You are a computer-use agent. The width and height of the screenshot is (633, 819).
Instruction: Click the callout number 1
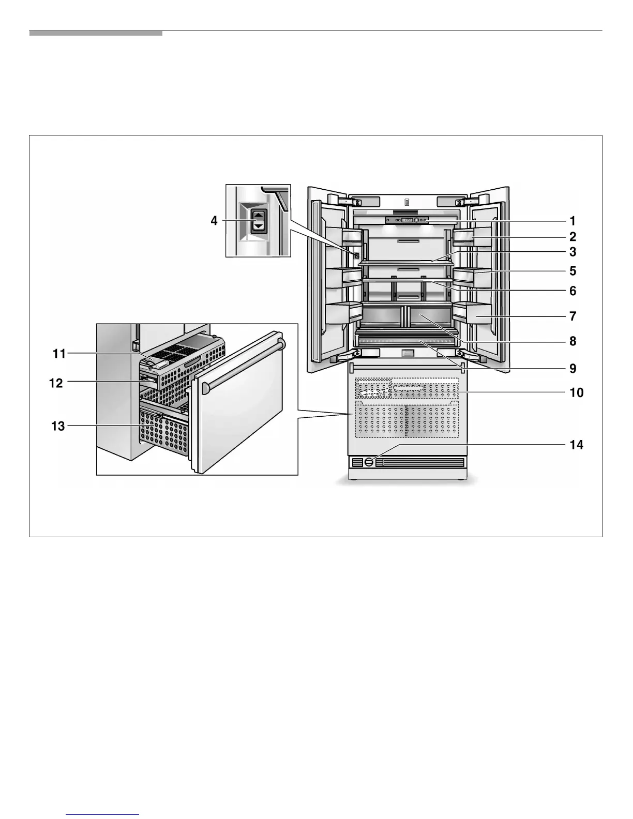572,221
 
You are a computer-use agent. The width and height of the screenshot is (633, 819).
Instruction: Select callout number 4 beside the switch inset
214,221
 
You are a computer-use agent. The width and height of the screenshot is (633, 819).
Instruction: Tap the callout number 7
572,316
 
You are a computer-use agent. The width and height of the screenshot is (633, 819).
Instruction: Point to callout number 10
576,393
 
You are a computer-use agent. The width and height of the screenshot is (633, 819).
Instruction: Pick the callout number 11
59,354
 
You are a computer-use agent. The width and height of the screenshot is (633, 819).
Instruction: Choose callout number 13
58,426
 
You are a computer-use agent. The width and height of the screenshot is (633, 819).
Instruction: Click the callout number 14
576,445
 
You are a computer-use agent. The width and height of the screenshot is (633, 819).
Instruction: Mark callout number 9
572,369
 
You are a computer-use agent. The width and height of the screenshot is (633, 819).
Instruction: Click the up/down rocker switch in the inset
257,221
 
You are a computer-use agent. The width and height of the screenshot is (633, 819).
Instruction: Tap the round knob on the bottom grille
369,462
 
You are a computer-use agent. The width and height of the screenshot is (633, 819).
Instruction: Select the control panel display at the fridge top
407,220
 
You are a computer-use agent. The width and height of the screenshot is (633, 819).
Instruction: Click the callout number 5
572,271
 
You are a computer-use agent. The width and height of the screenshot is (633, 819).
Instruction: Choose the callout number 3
572,252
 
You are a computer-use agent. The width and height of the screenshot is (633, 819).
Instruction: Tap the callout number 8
572,341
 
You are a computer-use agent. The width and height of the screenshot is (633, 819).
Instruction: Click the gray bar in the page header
96,33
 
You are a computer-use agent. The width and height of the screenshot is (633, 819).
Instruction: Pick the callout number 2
572,237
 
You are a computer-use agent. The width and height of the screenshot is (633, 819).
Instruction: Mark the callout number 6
572,291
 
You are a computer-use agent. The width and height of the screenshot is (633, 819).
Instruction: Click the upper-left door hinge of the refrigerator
339,201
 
